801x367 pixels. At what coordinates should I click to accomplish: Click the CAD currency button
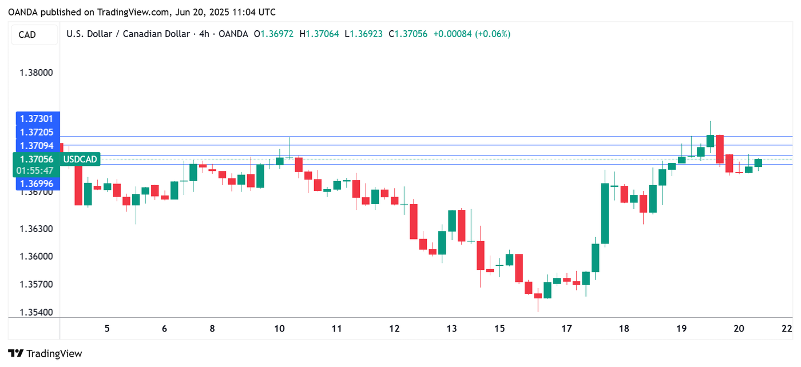27,35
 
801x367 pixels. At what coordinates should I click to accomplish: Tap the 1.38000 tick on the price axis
36,73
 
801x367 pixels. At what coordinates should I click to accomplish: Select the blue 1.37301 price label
36,119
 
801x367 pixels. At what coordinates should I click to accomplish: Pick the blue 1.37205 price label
36,132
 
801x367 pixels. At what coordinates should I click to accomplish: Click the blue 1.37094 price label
36,146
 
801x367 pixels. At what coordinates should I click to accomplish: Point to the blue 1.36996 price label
36,183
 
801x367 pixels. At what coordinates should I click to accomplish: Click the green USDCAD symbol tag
80,159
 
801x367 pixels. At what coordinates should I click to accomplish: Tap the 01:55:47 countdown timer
35,170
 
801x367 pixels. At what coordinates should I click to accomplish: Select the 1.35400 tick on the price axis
36,313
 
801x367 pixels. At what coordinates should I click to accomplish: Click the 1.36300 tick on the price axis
36,229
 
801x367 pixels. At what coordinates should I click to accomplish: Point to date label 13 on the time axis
452,329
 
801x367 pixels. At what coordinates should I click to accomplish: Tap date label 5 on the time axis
107,329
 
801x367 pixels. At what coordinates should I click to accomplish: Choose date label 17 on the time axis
566,329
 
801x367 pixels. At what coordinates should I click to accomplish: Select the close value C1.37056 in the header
408,34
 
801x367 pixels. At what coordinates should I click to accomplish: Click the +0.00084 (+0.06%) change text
471,34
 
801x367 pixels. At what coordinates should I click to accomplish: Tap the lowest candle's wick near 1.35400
538,308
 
